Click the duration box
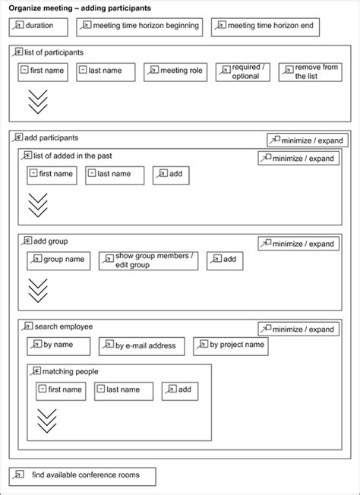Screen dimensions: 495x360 [39, 27]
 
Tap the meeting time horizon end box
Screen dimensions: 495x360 [265, 27]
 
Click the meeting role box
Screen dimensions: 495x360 [175, 72]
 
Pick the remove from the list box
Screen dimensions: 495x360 [310, 72]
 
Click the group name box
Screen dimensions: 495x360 [58, 260]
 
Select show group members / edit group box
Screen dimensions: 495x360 [148, 260]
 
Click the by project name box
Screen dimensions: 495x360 [231, 345]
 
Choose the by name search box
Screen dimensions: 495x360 [58, 346]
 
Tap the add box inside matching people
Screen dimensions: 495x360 [180, 390]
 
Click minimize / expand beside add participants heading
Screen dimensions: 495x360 [308, 140]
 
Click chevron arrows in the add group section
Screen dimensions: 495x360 [37, 290]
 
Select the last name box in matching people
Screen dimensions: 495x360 [123, 390]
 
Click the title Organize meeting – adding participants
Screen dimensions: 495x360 [80, 8]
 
